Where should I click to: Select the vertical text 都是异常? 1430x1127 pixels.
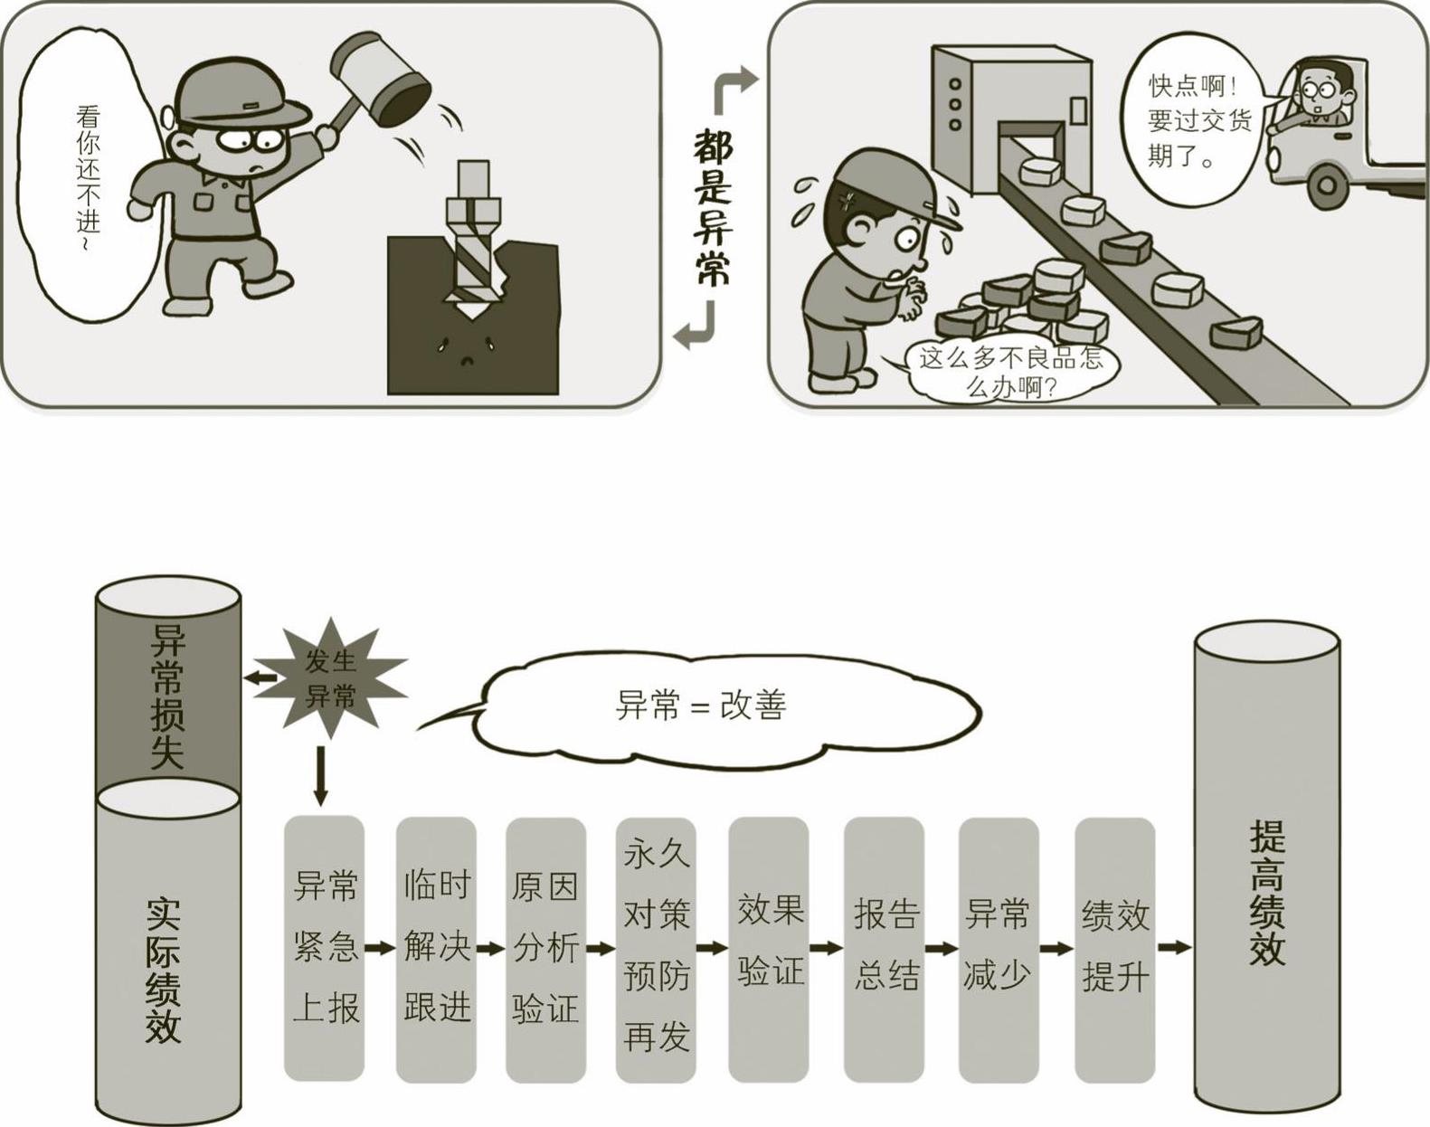[x=713, y=207]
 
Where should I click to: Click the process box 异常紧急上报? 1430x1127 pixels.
[x=325, y=948]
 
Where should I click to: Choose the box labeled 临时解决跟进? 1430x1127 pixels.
[x=436, y=948]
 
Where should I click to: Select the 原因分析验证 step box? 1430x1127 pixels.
[x=545, y=948]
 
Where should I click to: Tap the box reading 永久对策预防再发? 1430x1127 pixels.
[x=656, y=948]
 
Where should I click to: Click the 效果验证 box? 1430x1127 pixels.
[x=769, y=948]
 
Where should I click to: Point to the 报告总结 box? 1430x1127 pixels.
[x=885, y=948]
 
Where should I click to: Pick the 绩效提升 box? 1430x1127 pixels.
[x=1115, y=948]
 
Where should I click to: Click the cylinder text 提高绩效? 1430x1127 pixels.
[x=1266, y=895]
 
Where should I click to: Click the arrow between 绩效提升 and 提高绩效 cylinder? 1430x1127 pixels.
[x=1174, y=948]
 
